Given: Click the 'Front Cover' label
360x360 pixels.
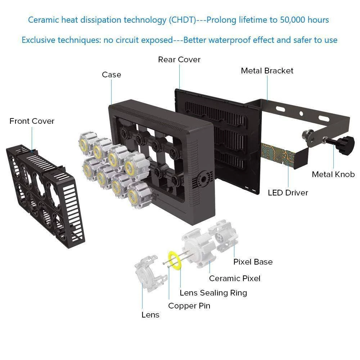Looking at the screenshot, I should [x=32, y=121].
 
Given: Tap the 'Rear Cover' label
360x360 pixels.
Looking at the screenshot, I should [x=179, y=59].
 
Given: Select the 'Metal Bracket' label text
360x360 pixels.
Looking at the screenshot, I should [x=267, y=71].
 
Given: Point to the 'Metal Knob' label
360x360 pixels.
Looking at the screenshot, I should [x=333, y=175].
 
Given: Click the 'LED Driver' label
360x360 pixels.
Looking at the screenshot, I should [x=288, y=193].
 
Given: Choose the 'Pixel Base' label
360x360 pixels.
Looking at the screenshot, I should [x=253, y=262].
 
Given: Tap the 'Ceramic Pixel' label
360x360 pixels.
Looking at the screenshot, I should [x=234, y=278].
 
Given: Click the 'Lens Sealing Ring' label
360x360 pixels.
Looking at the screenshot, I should [x=213, y=293].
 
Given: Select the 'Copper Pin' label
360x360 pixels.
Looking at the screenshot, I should [x=189, y=306].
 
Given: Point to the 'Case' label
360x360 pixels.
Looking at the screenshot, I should [x=111, y=75].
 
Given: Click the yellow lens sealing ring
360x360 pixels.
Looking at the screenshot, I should [x=176, y=260].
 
